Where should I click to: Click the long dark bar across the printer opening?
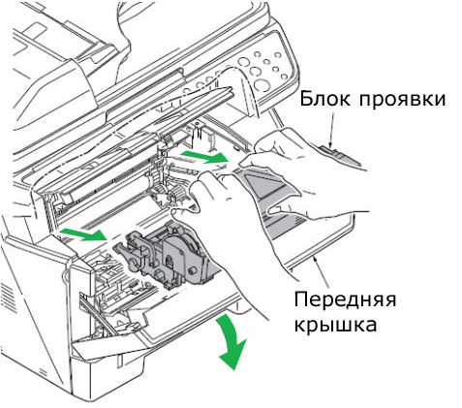(145, 116)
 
